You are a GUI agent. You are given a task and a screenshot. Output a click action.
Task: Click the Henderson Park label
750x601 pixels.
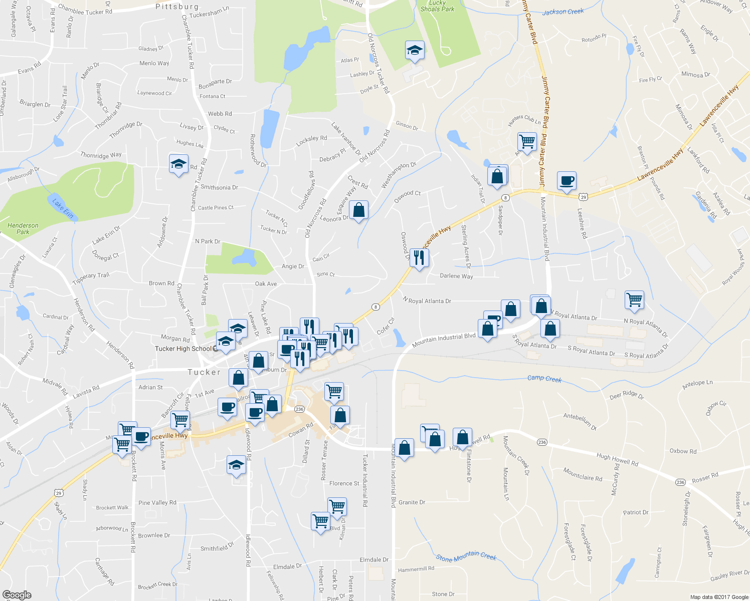(x=23, y=229)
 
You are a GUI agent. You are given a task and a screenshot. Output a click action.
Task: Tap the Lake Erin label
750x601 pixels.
(x=63, y=209)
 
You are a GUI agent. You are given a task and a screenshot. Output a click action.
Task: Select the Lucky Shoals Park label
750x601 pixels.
(x=437, y=6)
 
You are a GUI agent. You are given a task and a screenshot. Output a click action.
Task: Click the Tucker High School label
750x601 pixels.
(x=183, y=349)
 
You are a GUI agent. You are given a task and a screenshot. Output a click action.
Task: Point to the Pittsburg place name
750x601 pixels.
(x=177, y=7)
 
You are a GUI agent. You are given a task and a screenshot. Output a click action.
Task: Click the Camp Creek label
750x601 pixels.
(x=544, y=378)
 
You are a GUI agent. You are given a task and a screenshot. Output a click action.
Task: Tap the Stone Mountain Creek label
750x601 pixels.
(x=466, y=557)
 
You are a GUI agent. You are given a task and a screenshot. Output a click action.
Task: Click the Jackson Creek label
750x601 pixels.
(x=563, y=12)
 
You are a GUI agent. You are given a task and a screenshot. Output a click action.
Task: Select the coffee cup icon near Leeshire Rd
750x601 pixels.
(x=567, y=181)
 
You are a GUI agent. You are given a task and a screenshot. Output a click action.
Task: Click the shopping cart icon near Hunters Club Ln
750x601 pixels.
(x=527, y=142)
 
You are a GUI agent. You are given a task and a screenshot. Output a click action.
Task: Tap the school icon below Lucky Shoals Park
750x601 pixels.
(x=415, y=50)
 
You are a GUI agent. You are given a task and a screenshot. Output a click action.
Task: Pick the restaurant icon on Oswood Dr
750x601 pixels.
(x=419, y=258)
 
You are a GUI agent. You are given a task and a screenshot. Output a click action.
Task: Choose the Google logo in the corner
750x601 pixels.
(x=17, y=594)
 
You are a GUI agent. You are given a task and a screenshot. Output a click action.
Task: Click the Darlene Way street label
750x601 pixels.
(x=456, y=276)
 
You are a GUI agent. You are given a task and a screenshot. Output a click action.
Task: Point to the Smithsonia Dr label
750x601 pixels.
(x=219, y=187)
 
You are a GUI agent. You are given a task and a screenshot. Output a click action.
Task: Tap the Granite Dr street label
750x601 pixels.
(x=412, y=502)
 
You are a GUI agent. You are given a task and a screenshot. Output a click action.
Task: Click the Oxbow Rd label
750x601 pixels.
(x=683, y=451)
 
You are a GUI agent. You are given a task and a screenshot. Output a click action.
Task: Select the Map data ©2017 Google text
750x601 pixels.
(x=719, y=597)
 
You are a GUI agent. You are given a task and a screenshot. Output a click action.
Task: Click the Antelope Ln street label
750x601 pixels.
(x=697, y=385)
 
